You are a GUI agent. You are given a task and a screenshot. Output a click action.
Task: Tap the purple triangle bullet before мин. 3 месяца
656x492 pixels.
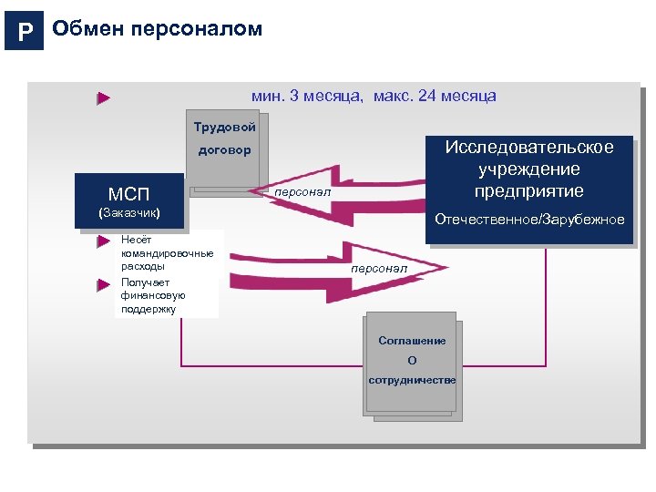click(104, 97)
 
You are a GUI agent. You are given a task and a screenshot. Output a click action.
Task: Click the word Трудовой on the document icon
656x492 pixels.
click(224, 127)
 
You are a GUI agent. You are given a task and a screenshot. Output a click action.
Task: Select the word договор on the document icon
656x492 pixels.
click(224, 150)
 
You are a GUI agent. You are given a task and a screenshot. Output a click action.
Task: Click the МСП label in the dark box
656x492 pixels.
click(128, 194)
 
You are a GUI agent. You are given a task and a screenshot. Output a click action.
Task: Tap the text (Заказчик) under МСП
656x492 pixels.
click(128, 213)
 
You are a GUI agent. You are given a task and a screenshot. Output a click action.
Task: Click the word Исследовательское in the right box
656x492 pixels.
click(528, 148)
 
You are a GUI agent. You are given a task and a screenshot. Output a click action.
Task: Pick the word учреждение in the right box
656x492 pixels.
click(528, 169)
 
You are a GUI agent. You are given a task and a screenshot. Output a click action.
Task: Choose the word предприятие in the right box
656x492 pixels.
click(528, 190)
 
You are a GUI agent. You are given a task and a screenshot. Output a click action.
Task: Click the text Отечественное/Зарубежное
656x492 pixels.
click(529, 220)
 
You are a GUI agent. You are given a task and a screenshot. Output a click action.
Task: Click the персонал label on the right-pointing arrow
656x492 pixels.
click(379, 269)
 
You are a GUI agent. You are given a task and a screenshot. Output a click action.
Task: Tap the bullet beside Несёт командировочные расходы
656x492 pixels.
click(104, 242)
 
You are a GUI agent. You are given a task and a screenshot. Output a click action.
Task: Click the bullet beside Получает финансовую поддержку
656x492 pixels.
click(104, 284)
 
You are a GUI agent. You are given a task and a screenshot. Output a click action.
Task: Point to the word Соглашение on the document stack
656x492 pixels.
click(412, 341)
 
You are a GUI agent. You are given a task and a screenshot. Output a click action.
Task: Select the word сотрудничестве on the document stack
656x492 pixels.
click(412, 379)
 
